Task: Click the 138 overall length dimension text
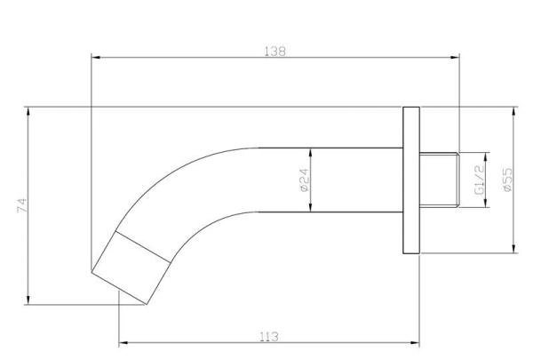275,52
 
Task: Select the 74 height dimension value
22,206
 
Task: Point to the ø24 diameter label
302,180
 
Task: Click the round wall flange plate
410,181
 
